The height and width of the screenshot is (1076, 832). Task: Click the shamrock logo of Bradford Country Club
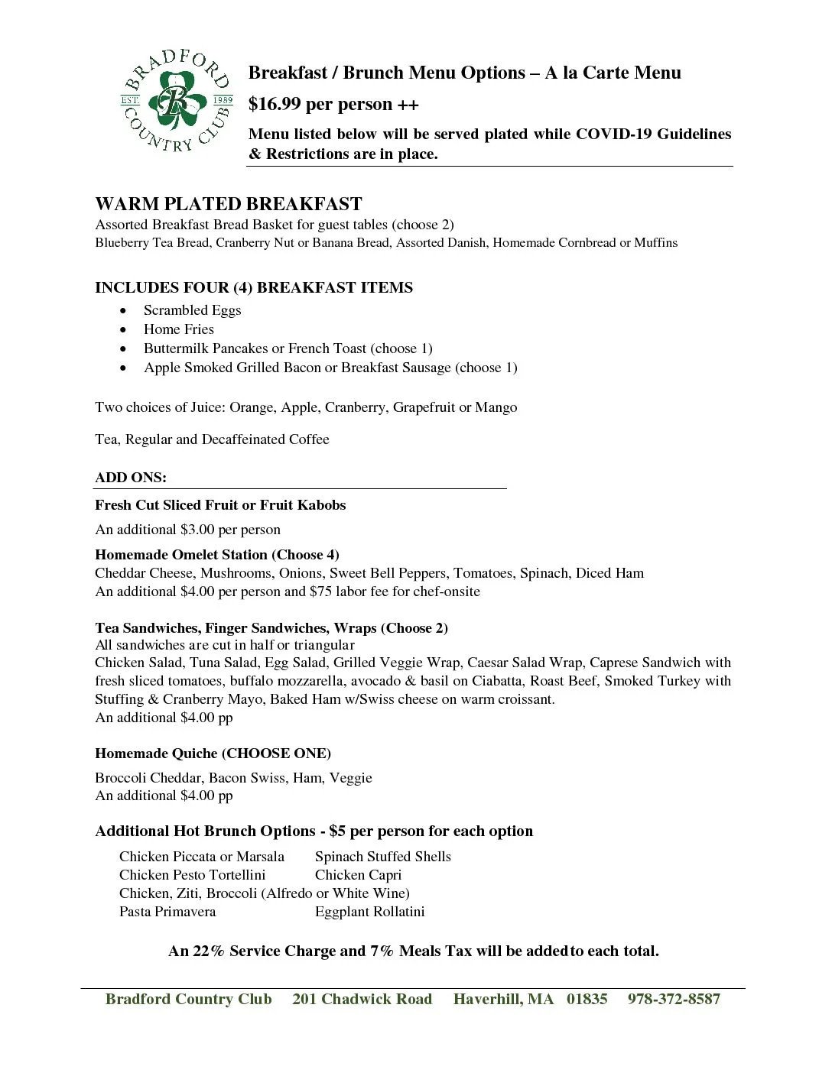(177, 101)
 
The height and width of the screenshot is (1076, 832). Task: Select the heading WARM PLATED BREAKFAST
(229, 204)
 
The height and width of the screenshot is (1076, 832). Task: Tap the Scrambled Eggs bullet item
(192, 310)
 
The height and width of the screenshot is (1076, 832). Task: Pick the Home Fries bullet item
(178, 329)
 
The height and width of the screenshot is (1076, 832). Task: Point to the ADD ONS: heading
(131, 478)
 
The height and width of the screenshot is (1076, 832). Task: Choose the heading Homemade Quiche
(156, 754)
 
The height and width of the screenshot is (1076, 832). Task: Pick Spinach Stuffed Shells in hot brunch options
(382, 857)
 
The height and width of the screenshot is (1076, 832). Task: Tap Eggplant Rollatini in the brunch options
(369, 912)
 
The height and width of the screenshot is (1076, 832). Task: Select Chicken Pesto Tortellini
(192, 875)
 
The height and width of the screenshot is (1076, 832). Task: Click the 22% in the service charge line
(209, 951)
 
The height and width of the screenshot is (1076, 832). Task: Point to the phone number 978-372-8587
(674, 1000)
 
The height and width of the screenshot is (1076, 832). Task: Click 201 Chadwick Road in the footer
(362, 1000)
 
